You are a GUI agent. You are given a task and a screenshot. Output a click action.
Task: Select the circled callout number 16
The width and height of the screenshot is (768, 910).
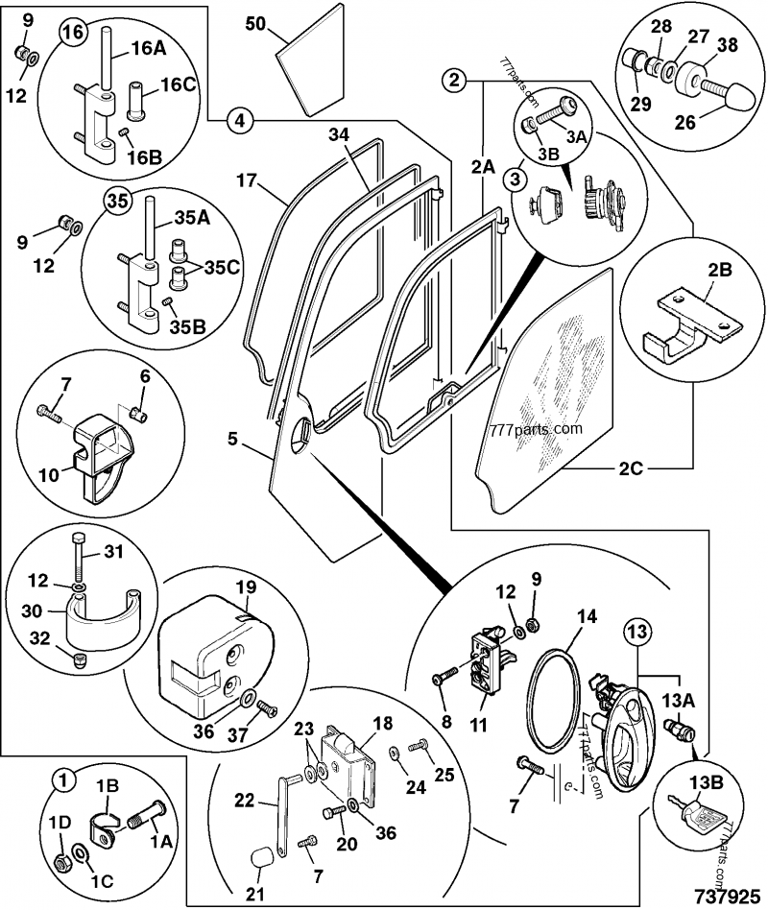coord(74,32)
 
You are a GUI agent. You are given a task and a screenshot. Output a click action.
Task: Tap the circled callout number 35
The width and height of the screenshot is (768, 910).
coord(116,202)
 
